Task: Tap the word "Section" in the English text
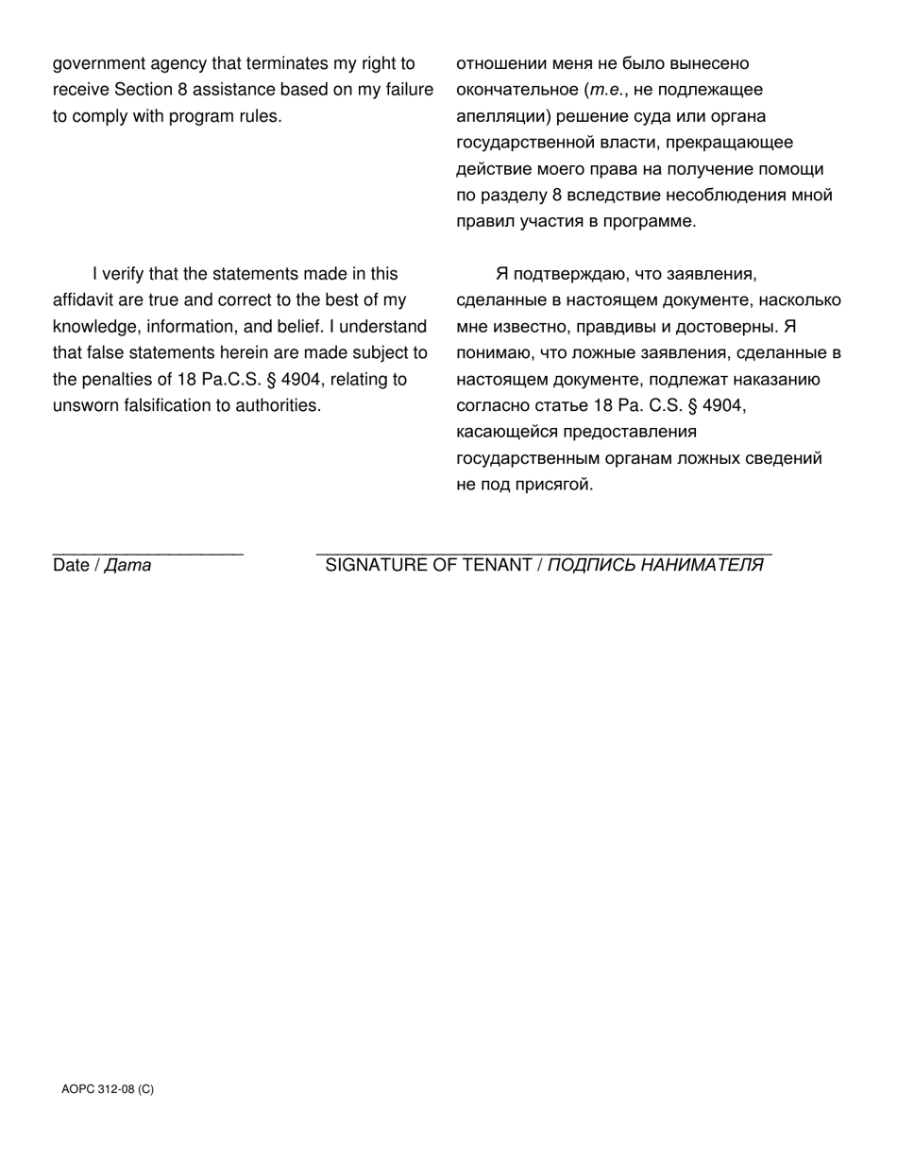[144, 91]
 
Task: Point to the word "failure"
[407, 91]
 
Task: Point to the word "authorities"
[274, 406]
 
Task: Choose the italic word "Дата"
[127, 566]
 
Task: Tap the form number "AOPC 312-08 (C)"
[108, 1089]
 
